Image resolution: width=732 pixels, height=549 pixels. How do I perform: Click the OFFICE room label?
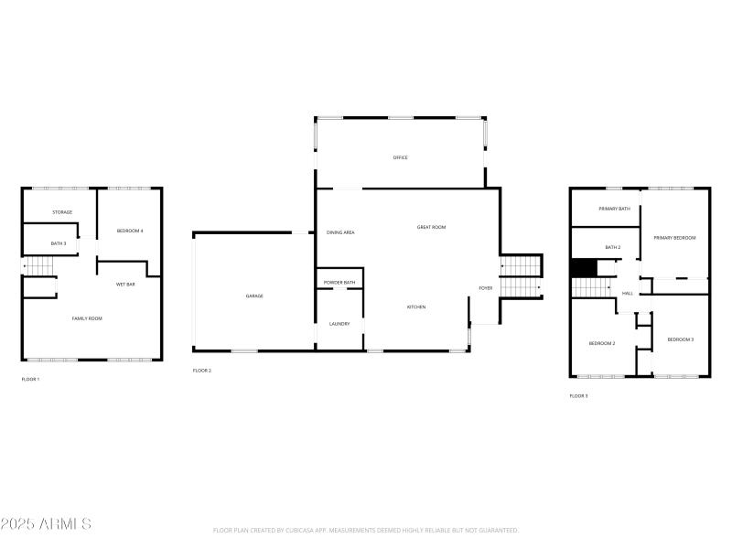click(x=400, y=158)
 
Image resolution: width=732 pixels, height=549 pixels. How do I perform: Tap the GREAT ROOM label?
click(x=431, y=227)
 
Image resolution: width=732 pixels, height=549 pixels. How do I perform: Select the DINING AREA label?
click(x=340, y=232)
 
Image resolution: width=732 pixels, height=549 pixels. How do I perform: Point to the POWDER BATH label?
click(x=339, y=283)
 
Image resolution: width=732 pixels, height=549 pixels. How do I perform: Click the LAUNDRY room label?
click(x=339, y=323)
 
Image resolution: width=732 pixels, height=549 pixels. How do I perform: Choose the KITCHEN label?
click(x=416, y=307)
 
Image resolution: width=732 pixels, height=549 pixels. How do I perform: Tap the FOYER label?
click(x=485, y=288)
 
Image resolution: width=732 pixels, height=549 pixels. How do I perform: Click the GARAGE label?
click(x=253, y=296)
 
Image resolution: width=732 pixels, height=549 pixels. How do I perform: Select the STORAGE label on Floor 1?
click(x=62, y=212)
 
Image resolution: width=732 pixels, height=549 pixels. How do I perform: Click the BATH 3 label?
click(x=59, y=243)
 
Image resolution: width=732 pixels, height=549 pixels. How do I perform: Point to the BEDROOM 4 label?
click(x=130, y=231)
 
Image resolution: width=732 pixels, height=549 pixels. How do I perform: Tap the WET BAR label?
click(x=125, y=285)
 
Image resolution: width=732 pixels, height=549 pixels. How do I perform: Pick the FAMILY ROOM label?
click(x=87, y=318)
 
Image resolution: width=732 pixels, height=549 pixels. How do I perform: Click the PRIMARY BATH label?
click(x=614, y=209)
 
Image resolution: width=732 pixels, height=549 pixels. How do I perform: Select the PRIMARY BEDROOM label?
click(x=674, y=238)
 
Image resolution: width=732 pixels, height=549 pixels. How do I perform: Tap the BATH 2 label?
click(x=612, y=247)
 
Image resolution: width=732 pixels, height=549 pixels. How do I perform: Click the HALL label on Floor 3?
click(x=628, y=294)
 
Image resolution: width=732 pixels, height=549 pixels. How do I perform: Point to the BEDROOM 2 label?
click(x=601, y=343)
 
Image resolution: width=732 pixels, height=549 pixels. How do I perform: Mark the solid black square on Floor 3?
click(x=583, y=267)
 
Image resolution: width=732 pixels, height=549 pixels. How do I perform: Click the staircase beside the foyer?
click(x=521, y=276)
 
